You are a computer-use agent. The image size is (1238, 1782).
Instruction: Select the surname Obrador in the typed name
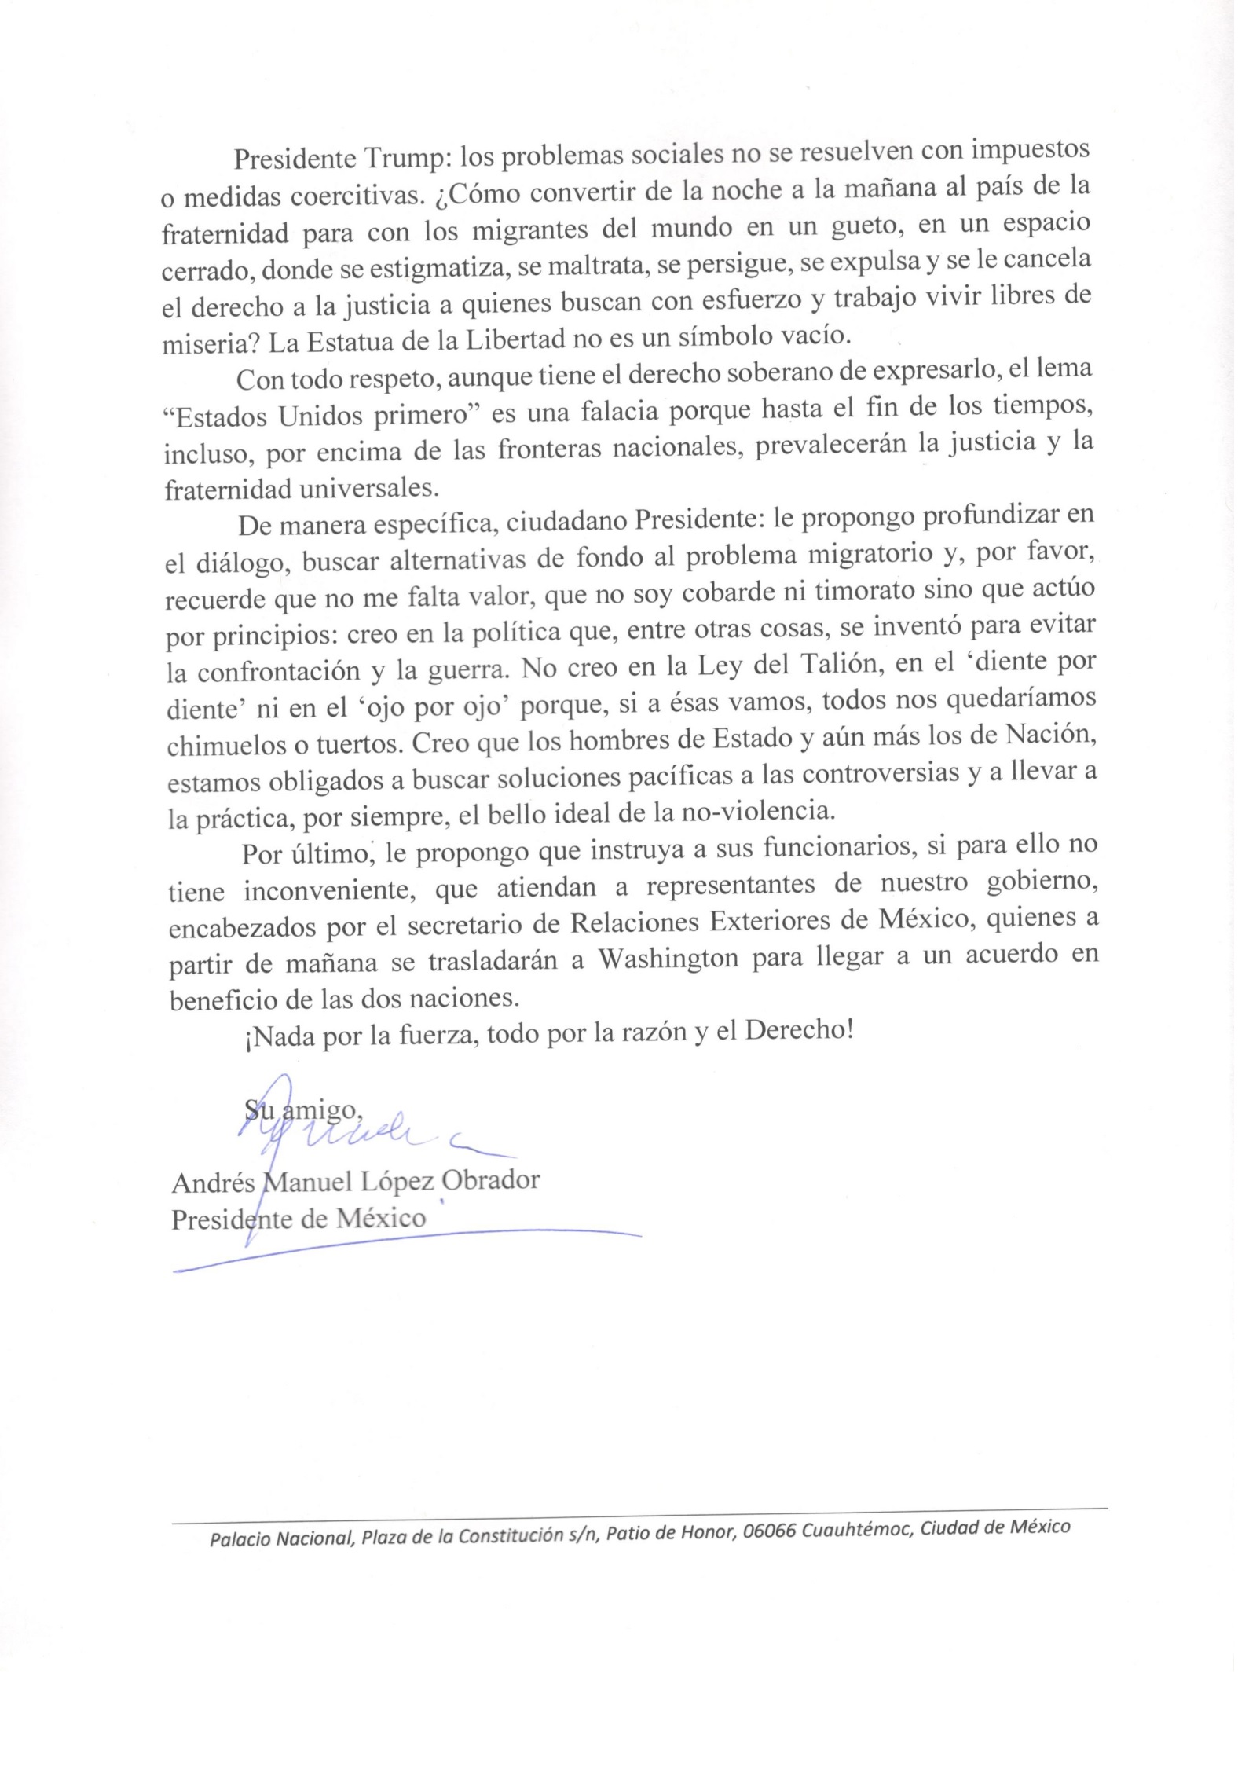point(493,1181)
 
